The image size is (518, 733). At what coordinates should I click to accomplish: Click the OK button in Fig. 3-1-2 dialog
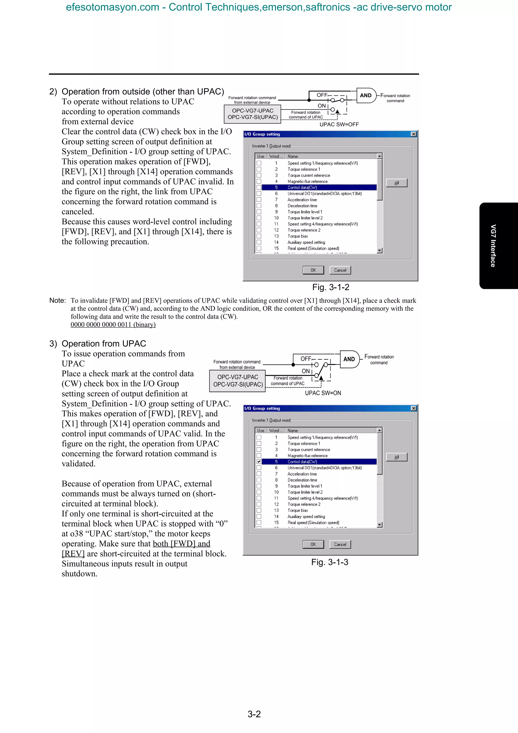[313, 270]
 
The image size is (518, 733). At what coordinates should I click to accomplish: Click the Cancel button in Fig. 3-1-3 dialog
[340, 544]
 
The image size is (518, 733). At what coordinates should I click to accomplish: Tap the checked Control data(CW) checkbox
[259, 462]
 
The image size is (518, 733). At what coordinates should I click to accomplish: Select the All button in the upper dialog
[396, 183]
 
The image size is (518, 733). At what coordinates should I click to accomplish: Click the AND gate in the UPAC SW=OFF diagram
[366, 95]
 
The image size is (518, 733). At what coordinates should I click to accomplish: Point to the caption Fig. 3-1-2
[331, 287]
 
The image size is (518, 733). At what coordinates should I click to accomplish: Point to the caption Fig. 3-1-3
[330, 562]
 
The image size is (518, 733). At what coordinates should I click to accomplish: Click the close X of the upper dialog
[413, 134]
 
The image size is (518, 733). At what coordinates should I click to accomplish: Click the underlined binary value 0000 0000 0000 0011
[113, 325]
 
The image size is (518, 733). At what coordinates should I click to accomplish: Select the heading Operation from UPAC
[104, 343]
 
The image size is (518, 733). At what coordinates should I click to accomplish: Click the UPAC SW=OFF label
[339, 124]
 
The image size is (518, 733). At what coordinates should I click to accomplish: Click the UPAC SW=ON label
[323, 393]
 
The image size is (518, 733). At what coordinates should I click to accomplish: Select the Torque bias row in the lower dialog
[297, 510]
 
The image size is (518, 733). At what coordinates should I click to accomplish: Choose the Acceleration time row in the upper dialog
[302, 200]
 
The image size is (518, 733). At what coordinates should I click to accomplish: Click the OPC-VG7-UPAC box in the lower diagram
[238, 381]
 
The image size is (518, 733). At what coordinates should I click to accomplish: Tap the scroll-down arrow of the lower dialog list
[379, 525]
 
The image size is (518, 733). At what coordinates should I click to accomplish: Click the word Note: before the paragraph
[57, 300]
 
